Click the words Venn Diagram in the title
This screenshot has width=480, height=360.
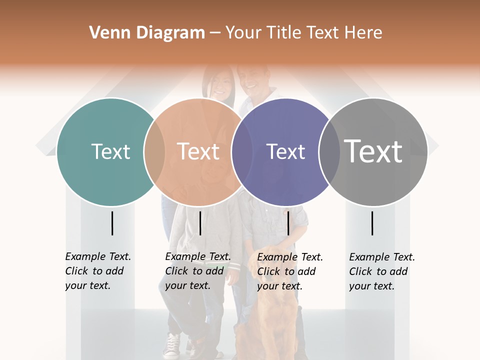tap(147, 33)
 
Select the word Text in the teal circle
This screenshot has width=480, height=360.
tap(110, 151)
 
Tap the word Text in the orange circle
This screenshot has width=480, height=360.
tap(198, 151)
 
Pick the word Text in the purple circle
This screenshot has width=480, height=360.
tap(285, 151)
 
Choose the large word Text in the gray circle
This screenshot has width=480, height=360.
tap(373, 151)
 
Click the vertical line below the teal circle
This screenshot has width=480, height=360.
tap(112, 223)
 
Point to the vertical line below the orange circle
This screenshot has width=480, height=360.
tap(200, 223)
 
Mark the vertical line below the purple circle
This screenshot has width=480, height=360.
tap(288, 223)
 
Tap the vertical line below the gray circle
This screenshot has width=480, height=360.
tap(372, 223)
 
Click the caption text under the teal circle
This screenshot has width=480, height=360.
tap(97, 271)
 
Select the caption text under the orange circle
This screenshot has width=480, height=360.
tap(197, 271)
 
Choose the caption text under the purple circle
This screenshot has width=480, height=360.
tap(289, 271)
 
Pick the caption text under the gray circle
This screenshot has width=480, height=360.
tap(381, 271)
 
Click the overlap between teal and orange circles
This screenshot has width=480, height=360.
tap(154, 151)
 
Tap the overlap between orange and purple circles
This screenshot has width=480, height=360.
tap(242, 151)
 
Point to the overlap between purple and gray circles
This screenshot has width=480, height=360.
tap(328, 151)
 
